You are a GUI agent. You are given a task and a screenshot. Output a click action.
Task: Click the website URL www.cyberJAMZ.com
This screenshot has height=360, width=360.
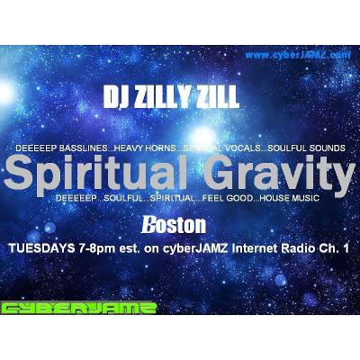click(297, 55)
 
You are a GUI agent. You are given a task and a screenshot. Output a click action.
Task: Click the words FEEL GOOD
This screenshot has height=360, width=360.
click(202, 196)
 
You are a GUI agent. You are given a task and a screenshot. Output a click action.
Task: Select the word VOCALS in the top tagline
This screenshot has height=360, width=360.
click(237, 146)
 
